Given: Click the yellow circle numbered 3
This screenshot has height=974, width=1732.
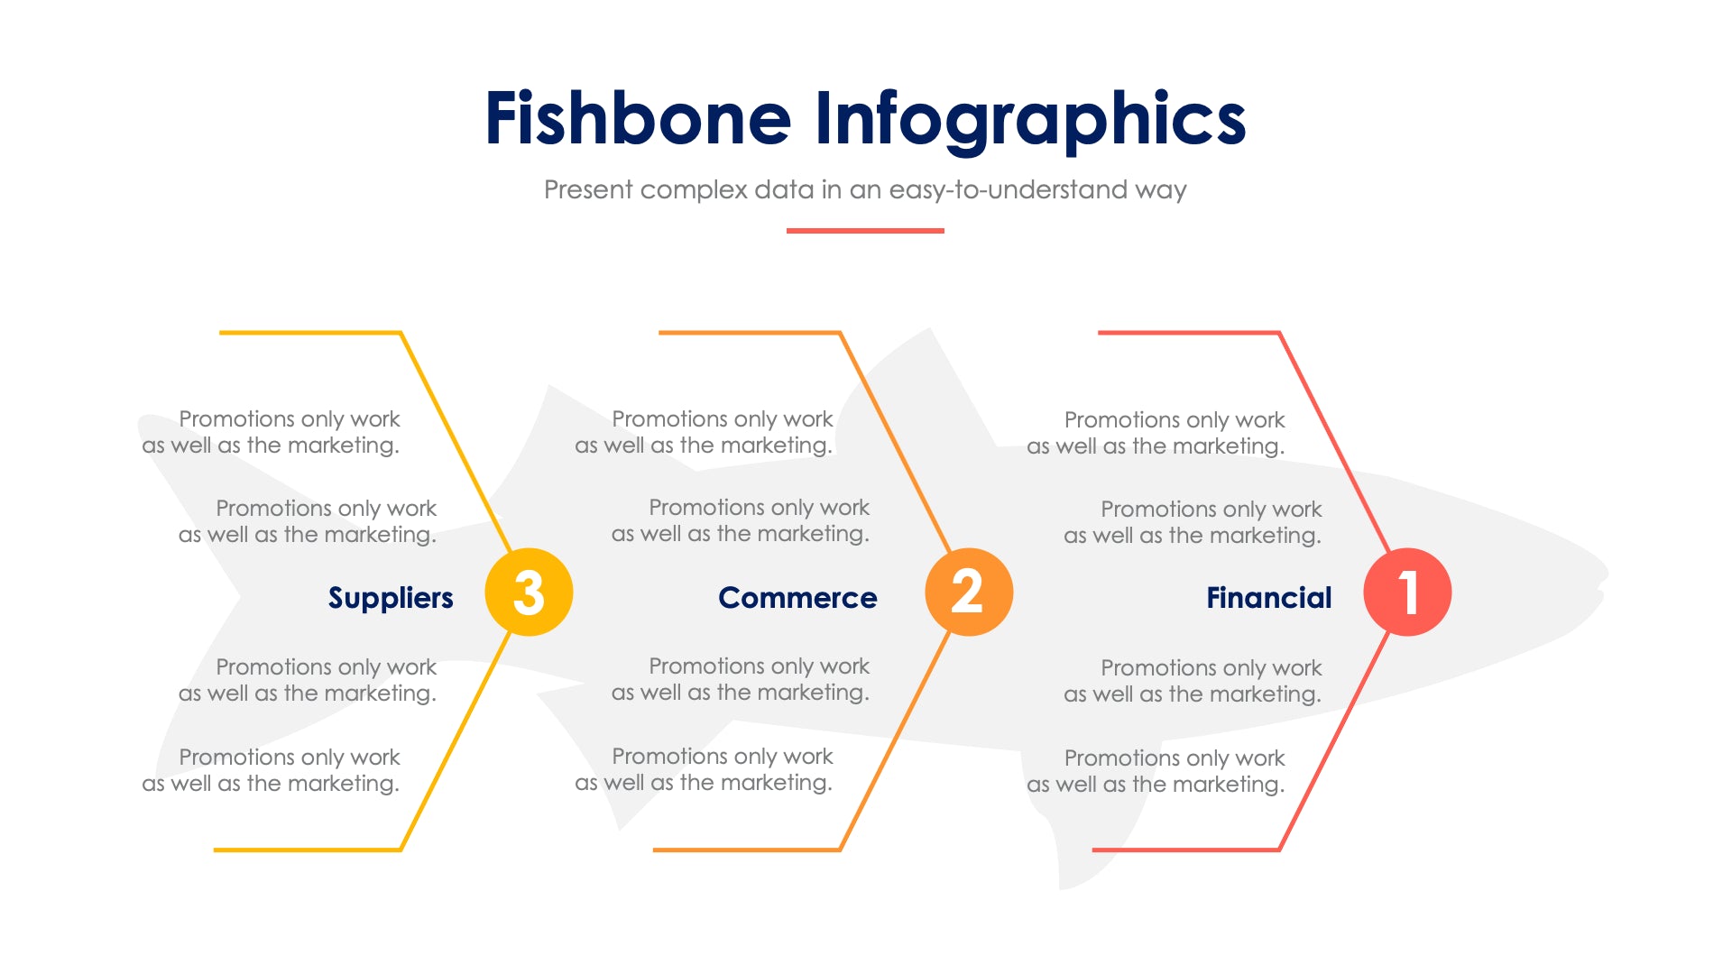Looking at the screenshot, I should click(529, 593).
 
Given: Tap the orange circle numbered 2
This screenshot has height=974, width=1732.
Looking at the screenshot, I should click(969, 593).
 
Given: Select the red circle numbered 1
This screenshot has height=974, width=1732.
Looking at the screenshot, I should click(1407, 593).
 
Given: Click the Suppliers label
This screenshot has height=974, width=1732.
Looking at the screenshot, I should click(391, 598).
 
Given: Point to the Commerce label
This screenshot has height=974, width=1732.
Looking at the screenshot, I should click(797, 598).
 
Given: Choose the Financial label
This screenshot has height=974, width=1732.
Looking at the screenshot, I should click(1268, 598).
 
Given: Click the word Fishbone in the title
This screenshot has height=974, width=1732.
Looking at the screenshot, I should click(638, 119).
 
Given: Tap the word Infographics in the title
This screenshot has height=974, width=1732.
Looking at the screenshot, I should click(1030, 119).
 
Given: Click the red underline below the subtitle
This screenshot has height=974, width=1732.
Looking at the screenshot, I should click(865, 231).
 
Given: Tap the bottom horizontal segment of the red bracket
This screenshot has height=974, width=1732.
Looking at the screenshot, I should click(1185, 850).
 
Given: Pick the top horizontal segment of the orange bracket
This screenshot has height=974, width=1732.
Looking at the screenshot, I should click(749, 333).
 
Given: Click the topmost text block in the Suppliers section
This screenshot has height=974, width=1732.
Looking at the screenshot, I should click(271, 432).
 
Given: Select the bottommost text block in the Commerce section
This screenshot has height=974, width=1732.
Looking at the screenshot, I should click(704, 769).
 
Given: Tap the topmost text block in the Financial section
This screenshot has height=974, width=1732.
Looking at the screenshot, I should click(1156, 433).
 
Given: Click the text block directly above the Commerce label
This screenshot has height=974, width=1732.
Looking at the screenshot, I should click(741, 520).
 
